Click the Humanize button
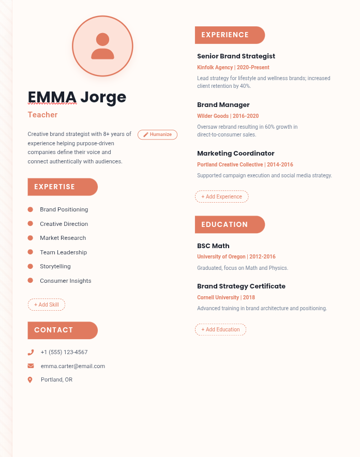pos(157,134)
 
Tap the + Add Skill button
pos(47,304)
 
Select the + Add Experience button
pos(221,196)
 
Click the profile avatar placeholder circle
pos(102,46)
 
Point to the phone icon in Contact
pos(31,353)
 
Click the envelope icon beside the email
pos(31,366)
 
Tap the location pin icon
pos(30,380)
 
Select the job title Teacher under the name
pos(42,115)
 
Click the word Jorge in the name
pos(103,98)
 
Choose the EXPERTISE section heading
pos(63,187)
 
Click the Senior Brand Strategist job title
pos(236,56)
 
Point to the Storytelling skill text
pos(55,266)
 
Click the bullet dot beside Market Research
pos(31,238)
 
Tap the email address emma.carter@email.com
pos(73,366)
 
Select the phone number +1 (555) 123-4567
pos(64,352)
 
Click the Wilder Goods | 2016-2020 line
pos(228,116)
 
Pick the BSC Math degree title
pos(213,246)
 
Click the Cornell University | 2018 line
pos(226,297)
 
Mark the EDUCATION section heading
pos(230,224)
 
